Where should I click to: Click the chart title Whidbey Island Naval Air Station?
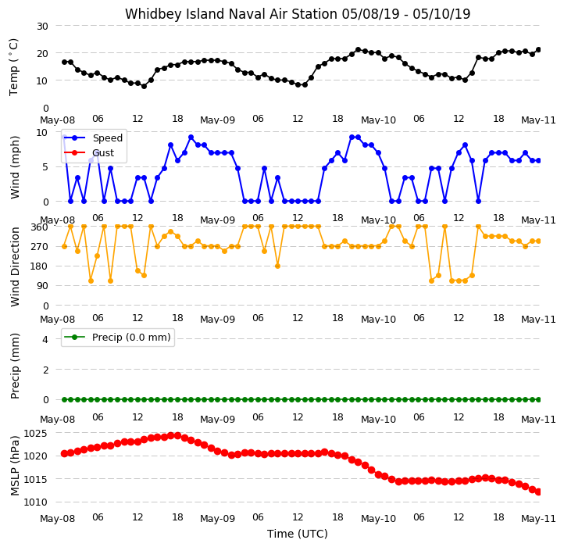pyautogui.click(x=232, y=14)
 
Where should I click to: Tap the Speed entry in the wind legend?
pyautogui.click(x=108, y=138)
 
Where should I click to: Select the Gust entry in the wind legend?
pyautogui.click(x=103, y=153)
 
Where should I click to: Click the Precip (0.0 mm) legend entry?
pyautogui.click(x=131, y=338)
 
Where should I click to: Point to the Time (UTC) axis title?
pyautogui.click(x=298, y=534)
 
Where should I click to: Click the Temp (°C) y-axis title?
pyautogui.click(x=13, y=67)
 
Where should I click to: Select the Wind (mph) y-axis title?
pyautogui.click(x=15, y=167)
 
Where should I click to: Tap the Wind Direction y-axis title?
pyautogui.click(x=15, y=266)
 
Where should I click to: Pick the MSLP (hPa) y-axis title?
pyautogui.click(x=15, y=466)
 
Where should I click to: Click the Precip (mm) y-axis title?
pyautogui.click(x=15, y=366)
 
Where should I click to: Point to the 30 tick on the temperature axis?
pyautogui.click(x=42, y=27)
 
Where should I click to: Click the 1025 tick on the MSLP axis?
pyautogui.click(x=36, y=433)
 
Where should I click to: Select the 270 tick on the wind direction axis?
pyautogui.click(x=40, y=247)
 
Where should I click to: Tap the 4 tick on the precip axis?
pyautogui.click(x=45, y=339)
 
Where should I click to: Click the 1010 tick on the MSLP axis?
pyautogui.click(x=36, y=502)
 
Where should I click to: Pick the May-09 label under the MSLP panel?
pyautogui.click(x=218, y=519)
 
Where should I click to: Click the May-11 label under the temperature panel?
pyautogui.click(x=538, y=120)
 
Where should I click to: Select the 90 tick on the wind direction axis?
pyautogui.click(x=42, y=286)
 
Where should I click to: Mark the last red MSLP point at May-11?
pyautogui.click(x=538, y=492)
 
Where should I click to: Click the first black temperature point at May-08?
pyautogui.click(x=64, y=62)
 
